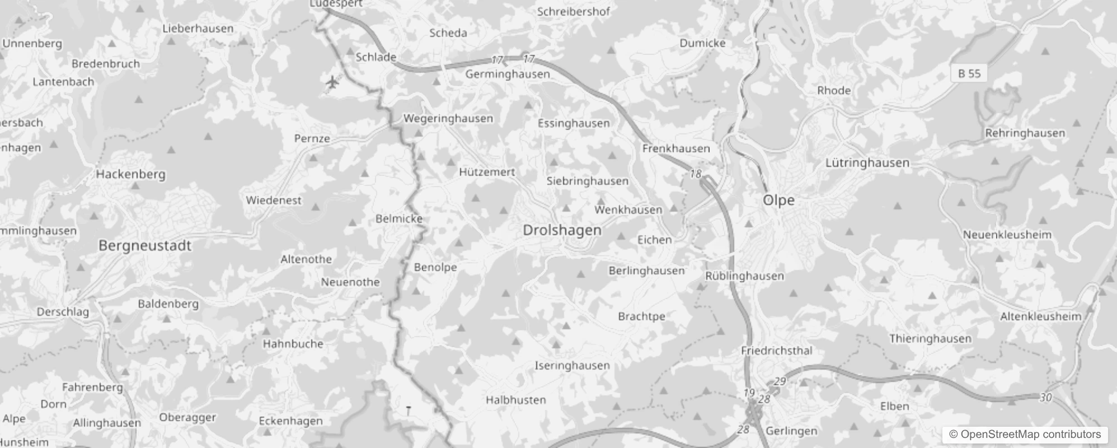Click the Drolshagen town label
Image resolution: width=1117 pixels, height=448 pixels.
(562, 230)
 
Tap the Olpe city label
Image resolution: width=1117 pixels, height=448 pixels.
(778, 200)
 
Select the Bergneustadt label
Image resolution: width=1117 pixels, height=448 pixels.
(145, 245)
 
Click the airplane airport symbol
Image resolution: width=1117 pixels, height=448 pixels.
(332, 82)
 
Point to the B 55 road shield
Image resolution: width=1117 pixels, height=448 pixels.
(969, 73)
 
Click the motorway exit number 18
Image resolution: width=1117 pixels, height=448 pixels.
(695, 174)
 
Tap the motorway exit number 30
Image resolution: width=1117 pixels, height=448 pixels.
(1045, 398)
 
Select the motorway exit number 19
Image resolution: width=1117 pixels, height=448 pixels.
(749, 393)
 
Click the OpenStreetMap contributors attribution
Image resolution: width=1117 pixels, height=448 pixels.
(1025, 435)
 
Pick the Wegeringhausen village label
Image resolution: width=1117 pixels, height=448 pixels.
(448, 118)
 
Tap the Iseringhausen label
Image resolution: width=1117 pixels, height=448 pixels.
(572, 366)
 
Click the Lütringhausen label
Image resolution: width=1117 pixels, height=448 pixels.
(867, 163)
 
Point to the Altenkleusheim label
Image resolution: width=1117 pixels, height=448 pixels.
(1041, 316)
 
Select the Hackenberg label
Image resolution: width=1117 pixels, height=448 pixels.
(130, 174)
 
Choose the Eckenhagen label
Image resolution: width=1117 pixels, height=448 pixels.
(290, 421)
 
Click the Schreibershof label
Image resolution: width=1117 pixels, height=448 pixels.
(573, 11)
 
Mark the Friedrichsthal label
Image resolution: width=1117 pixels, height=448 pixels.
(776, 351)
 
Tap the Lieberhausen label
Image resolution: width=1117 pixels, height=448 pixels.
(198, 28)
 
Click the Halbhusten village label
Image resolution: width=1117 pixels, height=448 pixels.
(515, 400)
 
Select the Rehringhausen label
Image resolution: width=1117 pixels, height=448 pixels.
(1025, 133)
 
